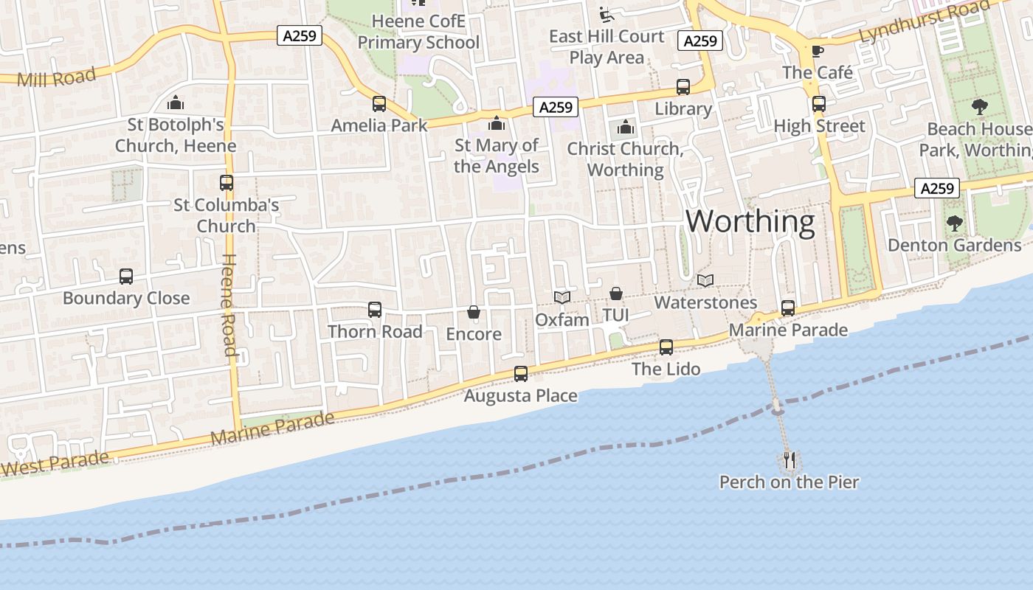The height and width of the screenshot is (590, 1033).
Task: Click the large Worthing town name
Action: coord(750,221)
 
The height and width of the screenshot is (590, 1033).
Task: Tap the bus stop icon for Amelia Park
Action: coord(379,104)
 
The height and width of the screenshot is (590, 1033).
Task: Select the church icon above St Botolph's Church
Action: coord(176,103)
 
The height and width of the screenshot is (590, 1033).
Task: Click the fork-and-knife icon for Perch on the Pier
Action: coord(790,461)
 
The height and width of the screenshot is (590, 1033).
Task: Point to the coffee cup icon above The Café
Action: coord(818,51)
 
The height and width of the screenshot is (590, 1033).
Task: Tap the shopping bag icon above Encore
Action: coord(474,313)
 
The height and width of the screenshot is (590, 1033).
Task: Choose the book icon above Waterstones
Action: coord(705,281)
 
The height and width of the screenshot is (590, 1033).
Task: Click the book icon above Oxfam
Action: coord(562,297)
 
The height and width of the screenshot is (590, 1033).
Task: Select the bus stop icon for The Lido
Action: coord(666,347)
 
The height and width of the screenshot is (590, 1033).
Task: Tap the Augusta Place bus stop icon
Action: coord(521,374)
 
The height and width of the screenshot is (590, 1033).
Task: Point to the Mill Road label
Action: coord(56,77)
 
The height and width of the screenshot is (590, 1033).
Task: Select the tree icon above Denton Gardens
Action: coord(955,223)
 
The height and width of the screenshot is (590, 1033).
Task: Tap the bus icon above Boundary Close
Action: coord(126,277)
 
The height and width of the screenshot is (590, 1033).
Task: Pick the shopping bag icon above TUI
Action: coord(615,294)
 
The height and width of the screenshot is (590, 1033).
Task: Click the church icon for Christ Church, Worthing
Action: coord(626,127)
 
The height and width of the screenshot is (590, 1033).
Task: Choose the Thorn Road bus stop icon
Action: coord(375,310)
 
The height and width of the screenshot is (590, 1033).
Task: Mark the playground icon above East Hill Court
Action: coord(607,13)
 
